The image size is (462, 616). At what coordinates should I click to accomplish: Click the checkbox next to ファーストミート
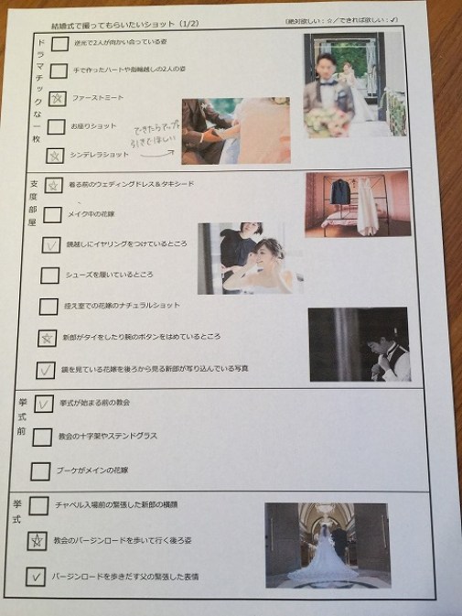click(x=57, y=98)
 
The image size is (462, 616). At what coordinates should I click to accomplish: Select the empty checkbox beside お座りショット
click(x=56, y=127)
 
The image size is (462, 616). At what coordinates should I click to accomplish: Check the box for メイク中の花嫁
click(x=53, y=215)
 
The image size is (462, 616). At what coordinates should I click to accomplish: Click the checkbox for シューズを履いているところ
click(x=50, y=275)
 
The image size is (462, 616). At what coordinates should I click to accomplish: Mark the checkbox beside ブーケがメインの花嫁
click(x=40, y=471)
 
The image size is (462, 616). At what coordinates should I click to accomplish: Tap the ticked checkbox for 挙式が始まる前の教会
click(x=43, y=404)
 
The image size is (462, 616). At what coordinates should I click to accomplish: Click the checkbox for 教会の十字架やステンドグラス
click(x=41, y=438)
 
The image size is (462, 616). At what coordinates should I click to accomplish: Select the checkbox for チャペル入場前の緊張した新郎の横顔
click(x=38, y=505)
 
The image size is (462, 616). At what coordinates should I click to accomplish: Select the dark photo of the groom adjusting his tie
click(x=357, y=344)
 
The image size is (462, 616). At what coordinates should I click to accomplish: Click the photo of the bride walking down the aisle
click(x=326, y=545)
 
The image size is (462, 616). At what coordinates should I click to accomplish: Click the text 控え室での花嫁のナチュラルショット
click(x=124, y=305)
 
